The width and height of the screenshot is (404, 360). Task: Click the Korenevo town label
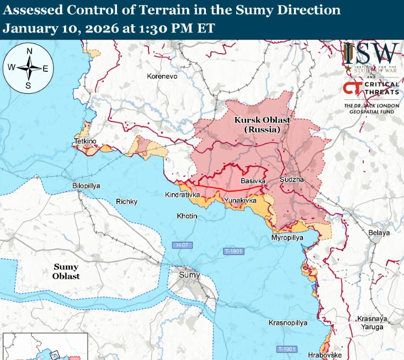pyautogui.click(x=162, y=76)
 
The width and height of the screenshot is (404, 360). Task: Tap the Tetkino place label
pyautogui.click(x=85, y=142)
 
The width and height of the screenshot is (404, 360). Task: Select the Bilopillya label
pyautogui.click(x=86, y=186)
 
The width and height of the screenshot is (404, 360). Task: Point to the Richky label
pyautogui.click(x=126, y=202)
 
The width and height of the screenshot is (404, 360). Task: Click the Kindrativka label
pyautogui.click(x=183, y=195)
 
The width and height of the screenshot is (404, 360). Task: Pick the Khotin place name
pyautogui.click(x=187, y=215)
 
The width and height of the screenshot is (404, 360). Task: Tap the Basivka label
pyautogui.click(x=253, y=181)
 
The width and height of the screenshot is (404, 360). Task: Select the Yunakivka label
pyautogui.click(x=241, y=201)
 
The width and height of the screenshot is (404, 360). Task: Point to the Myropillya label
pyautogui.click(x=288, y=237)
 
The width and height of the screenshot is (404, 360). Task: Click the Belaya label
pyautogui.click(x=380, y=232)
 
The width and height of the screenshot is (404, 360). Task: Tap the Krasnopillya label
pyautogui.click(x=288, y=322)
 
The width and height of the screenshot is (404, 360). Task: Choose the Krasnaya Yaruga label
pyautogui.click(x=370, y=324)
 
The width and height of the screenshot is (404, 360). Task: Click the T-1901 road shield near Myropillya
pyautogui.click(x=233, y=251)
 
